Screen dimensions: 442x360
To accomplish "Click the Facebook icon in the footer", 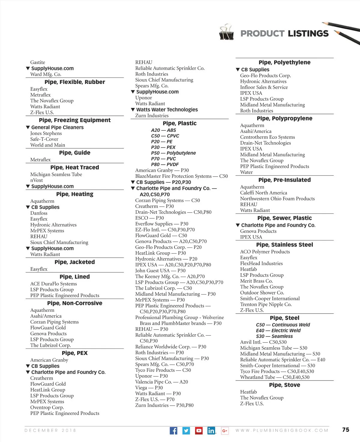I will (173, 431).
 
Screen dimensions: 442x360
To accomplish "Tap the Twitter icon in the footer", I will (186, 431).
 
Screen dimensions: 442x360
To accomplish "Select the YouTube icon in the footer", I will (199, 431).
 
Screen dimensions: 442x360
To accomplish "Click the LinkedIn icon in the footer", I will (211, 431).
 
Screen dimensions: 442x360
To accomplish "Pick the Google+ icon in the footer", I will (225, 431).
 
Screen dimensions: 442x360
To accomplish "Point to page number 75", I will (346, 429).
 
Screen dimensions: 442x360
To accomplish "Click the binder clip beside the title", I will (226, 32).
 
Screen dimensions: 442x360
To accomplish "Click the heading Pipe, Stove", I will (284, 385).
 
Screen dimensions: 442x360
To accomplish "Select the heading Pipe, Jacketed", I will (74, 262).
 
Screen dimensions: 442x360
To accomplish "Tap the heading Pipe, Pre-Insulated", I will (284, 180).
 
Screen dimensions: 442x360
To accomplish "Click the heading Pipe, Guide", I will (74, 153).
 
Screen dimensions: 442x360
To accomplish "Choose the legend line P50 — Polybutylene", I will (173, 153).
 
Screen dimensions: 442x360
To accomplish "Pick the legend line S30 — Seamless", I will (274, 336).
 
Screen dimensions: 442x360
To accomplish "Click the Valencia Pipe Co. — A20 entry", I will (161, 382).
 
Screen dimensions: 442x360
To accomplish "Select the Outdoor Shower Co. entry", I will (262, 293).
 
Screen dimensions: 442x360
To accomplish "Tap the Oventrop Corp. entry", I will (47, 407).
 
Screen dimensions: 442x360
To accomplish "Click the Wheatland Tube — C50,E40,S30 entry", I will (274, 377).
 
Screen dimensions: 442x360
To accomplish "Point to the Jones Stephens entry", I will (46, 133).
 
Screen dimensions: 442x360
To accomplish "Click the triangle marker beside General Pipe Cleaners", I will (28, 127).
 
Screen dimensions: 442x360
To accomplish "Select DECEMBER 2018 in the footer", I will (50, 430).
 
